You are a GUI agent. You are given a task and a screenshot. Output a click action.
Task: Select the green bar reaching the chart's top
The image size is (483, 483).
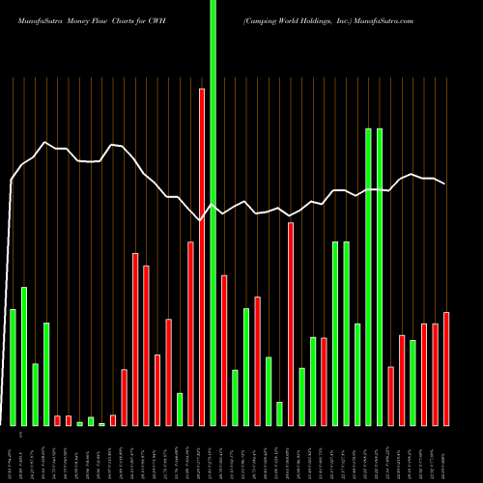pos(213,213)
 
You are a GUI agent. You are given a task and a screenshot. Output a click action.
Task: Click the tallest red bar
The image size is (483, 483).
pos(202,257)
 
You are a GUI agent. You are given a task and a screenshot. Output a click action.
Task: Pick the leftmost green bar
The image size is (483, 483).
pos(13,367)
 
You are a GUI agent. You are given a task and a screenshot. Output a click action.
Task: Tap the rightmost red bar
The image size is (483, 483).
pos(446,369)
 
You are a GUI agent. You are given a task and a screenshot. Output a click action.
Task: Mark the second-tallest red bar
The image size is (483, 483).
pos(291,324)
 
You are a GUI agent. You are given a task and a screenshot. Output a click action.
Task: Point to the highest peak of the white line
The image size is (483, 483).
pos(45,142)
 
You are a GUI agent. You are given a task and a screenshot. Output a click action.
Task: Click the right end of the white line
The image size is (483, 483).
pos(445,183)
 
